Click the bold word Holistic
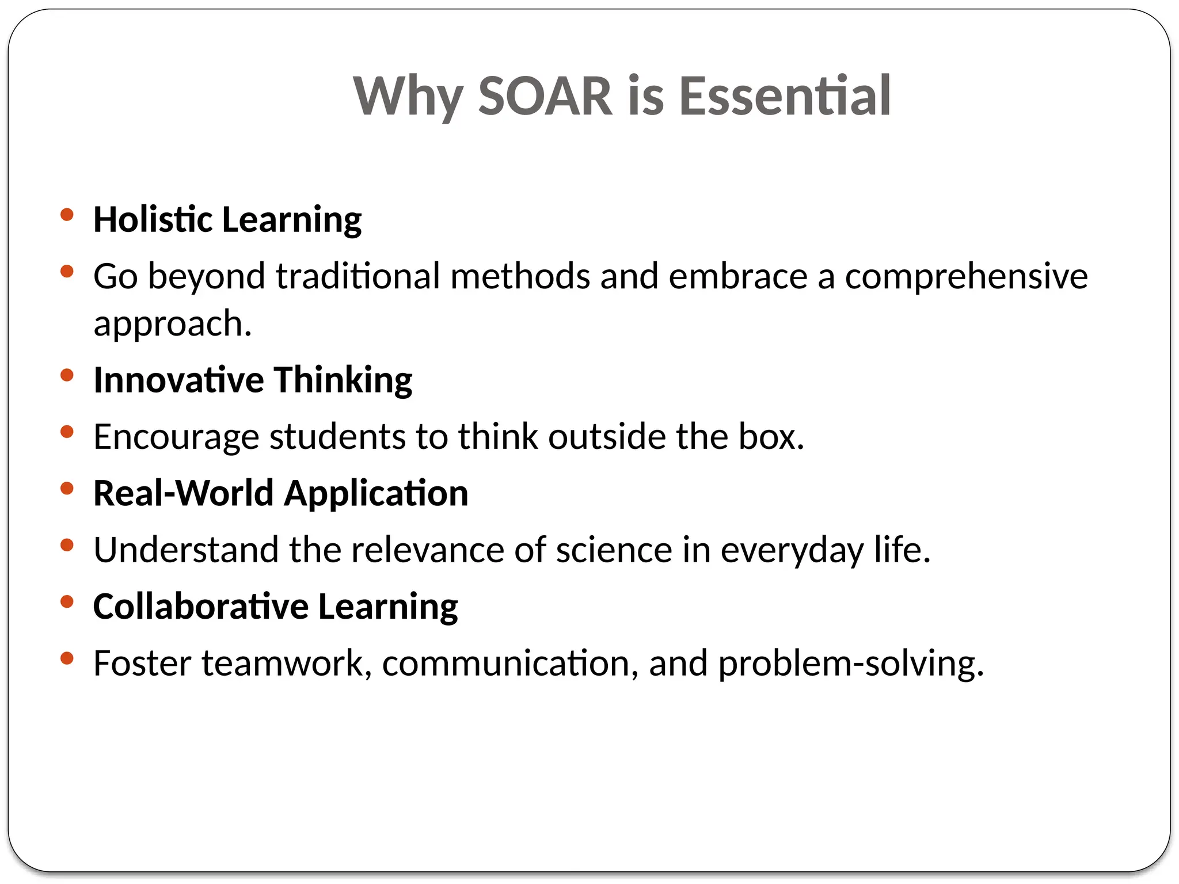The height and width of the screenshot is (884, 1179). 153,219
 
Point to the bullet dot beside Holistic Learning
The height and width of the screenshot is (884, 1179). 67,215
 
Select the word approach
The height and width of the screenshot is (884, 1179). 172,323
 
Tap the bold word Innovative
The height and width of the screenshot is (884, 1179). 178,380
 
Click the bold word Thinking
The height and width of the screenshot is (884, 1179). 343,380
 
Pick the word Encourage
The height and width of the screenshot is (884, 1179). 176,437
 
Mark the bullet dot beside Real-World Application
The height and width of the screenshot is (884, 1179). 67,489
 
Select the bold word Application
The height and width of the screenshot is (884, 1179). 376,494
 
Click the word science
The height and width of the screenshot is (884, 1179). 614,550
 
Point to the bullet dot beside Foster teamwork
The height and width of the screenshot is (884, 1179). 67,658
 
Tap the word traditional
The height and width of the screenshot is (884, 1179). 357,276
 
